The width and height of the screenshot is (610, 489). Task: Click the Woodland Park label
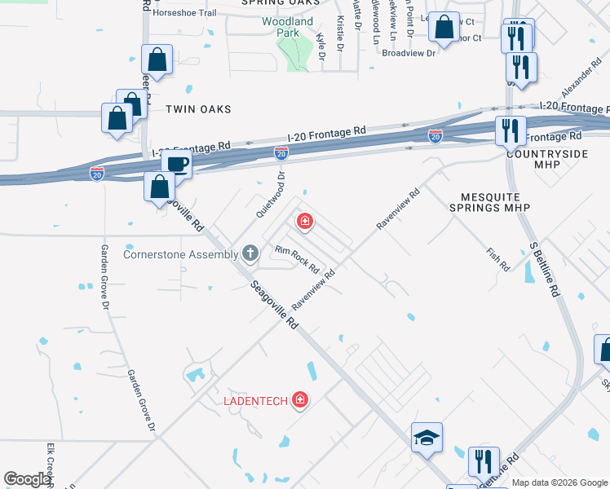pyautogui.click(x=287, y=28)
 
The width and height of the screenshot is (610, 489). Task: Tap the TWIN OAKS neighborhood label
pyautogui.click(x=198, y=109)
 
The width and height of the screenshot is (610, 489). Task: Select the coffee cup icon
pyautogui.click(x=176, y=163)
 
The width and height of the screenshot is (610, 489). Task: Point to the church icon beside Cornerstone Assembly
pyautogui.click(x=250, y=253)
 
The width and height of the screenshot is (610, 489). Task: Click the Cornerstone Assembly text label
pyautogui.click(x=180, y=253)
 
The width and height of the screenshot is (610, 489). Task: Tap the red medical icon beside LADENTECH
pyautogui.click(x=300, y=399)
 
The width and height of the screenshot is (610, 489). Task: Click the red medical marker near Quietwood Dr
pyautogui.click(x=304, y=221)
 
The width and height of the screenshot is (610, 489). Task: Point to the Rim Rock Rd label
pyautogui.click(x=296, y=259)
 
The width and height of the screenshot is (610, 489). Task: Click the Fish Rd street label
pyautogui.click(x=498, y=260)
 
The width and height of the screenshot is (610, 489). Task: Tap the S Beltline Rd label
pyautogui.click(x=544, y=268)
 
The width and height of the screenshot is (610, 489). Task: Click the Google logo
pyautogui.click(x=28, y=478)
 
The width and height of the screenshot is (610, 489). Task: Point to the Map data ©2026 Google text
pyautogui.click(x=559, y=482)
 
